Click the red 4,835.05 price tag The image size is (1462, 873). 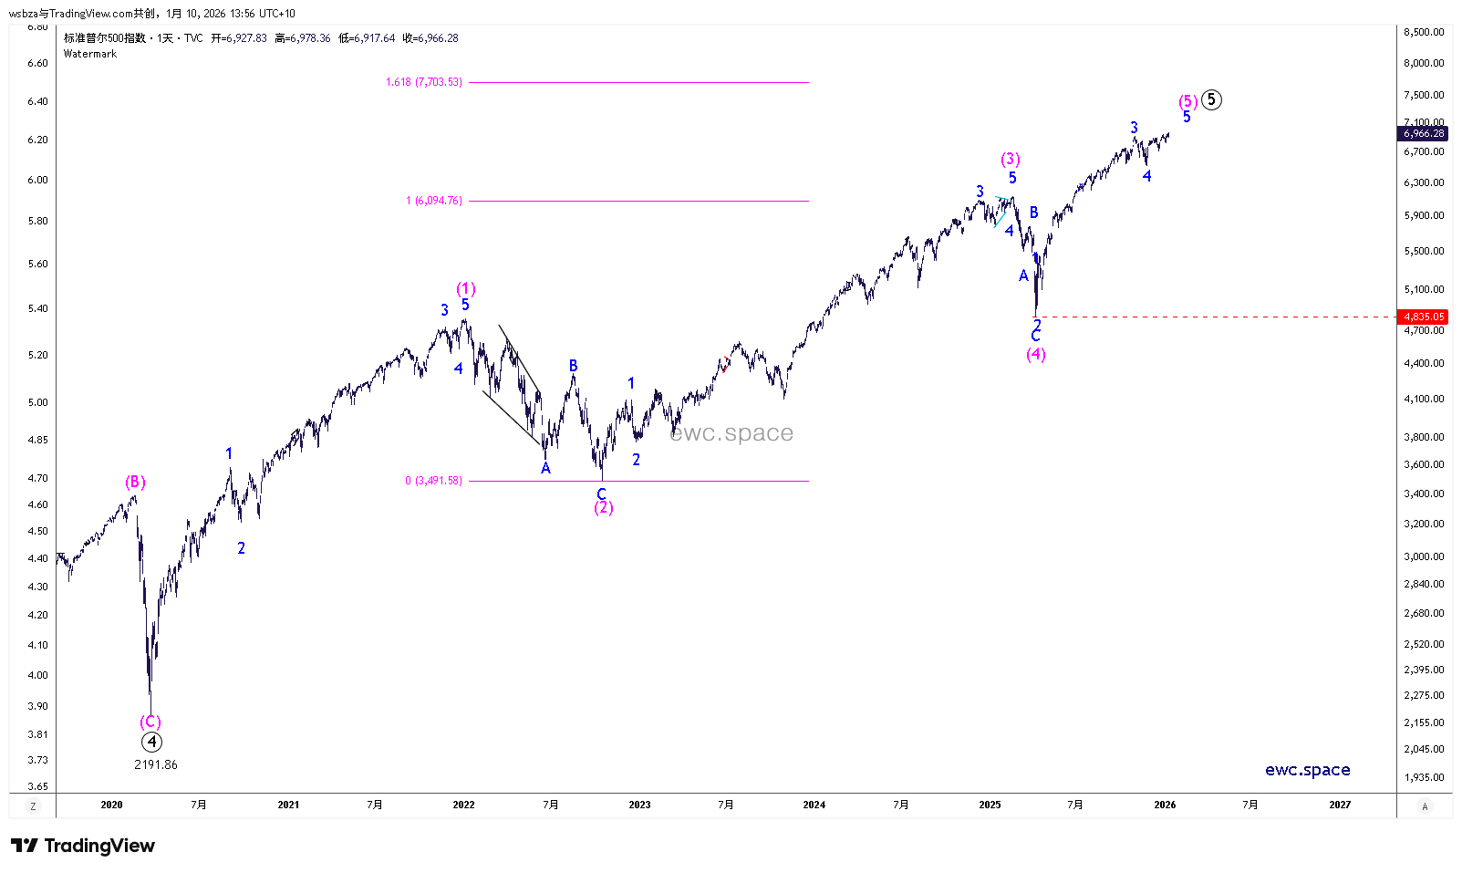tap(1424, 317)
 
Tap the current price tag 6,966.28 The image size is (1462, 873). tap(1424, 133)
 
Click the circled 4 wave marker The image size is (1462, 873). tap(151, 743)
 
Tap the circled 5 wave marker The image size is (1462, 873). tap(1211, 99)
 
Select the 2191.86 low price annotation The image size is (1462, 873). tap(156, 764)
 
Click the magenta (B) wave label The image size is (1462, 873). tap(135, 482)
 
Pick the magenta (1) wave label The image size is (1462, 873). tap(466, 288)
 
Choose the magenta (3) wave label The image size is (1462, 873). tap(1010, 159)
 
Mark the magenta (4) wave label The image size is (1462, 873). tap(1036, 354)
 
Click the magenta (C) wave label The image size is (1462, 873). tap(150, 722)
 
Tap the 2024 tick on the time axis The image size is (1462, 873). tap(814, 805)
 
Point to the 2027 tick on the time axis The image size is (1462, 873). tap(1340, 805)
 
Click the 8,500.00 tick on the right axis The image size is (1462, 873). tap(1424, 32)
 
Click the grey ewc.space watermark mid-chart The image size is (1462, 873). tap(731, 433)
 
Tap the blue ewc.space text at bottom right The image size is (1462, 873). tap(1307, 770)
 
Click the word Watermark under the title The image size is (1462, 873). tap(90, 54)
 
